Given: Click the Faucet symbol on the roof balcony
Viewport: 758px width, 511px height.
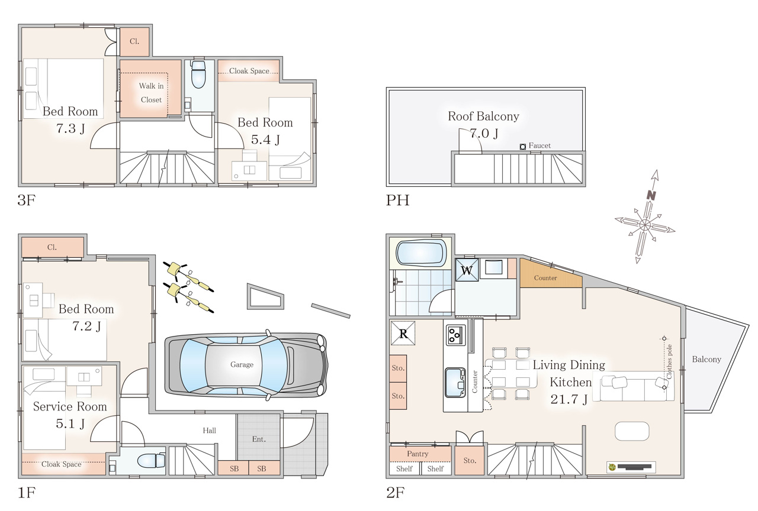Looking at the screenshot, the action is point(522,147).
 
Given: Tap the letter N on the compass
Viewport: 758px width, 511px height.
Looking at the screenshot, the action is point(651,195).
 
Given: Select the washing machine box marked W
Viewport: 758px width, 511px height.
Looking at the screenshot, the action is point(467,270).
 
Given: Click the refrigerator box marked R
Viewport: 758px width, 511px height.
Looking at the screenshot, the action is point(403,333).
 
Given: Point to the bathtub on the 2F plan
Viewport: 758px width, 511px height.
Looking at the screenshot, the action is point(421,253).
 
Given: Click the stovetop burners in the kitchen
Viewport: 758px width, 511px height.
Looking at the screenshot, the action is point(455,335).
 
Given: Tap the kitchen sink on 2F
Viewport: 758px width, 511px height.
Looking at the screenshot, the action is point(455,382).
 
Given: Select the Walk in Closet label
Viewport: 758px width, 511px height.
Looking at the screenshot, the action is point(151,93).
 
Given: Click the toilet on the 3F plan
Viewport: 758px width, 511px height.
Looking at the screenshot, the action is point(198,75).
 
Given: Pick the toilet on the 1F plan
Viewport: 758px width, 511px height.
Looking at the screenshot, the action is point(151,461).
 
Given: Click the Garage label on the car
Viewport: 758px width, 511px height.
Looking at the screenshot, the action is point(242,364).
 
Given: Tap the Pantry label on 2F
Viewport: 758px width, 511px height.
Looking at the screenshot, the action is point(417,454).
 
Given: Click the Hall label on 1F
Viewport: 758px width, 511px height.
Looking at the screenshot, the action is point(209,431).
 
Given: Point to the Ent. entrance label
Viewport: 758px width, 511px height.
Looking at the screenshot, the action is point(259,439).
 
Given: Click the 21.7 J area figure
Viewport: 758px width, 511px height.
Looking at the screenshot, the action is point(569,399).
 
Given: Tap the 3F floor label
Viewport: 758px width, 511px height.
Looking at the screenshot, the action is point(27,200).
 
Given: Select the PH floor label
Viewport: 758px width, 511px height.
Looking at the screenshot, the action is point(397,200).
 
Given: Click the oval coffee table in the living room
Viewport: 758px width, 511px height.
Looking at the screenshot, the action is point(632,431).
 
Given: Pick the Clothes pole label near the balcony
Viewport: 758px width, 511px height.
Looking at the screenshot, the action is point(669,361).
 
